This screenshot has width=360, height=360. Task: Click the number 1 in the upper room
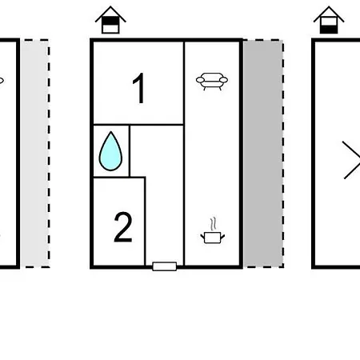[x=139, y=88]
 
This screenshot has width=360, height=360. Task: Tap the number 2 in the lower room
[x=123, y=227]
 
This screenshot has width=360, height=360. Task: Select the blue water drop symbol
[x=110, y=151]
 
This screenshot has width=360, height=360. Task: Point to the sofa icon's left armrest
[x=200, y=80]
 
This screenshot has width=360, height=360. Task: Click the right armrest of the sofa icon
[x=223, y=80]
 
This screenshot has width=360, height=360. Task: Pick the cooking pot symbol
[x=213, y=238]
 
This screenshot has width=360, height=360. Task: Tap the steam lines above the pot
[x=213, y=224]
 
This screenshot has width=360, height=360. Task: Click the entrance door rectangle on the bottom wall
[x=165, y=266]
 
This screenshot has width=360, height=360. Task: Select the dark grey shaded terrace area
[x=263, y=154]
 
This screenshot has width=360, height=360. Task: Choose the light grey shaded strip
[x=35, y=154]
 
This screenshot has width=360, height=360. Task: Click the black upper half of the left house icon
[x=110, y=21]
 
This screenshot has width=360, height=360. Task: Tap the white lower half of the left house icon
[x=110, y=29]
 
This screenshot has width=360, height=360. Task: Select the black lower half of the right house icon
[x=329, y=30]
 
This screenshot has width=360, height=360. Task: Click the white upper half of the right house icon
[x=329, y=22]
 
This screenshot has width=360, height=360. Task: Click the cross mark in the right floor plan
[x=351, y=160]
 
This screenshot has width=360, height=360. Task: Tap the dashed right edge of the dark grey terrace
[x=283, y=154]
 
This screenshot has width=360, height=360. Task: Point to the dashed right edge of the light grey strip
[x=49, y=154]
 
